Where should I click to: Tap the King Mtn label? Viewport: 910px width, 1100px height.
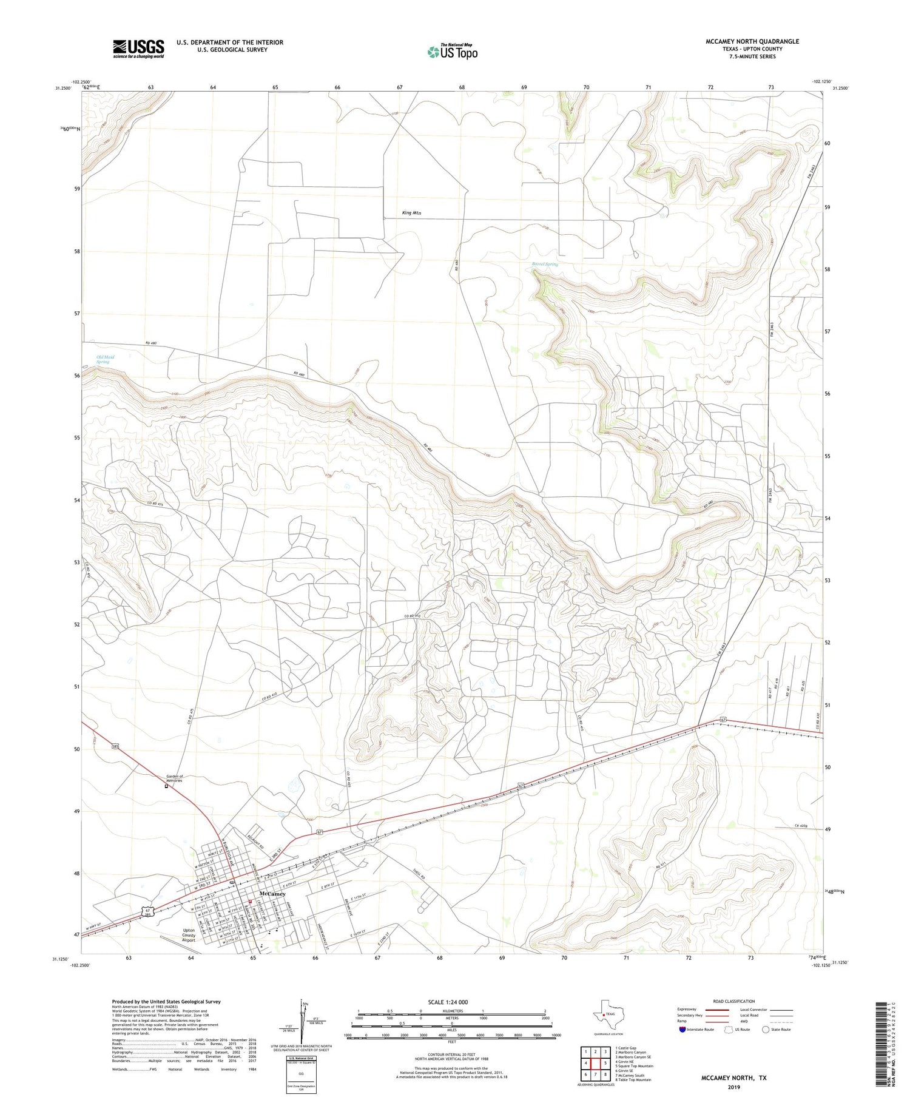(x=411, y=213)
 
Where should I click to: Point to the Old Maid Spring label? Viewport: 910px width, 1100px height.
(x=105, y=359)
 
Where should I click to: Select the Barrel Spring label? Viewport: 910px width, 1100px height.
(x=544, y=264)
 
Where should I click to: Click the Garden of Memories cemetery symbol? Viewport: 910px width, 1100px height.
(x=166, y=786)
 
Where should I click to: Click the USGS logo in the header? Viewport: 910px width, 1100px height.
(x=138, y=49)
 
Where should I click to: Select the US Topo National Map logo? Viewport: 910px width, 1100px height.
(x=453, y=52)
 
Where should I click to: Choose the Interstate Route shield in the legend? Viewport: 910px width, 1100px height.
(x=682, y=1030)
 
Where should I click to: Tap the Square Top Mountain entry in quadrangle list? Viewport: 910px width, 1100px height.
(x=634, y=1066)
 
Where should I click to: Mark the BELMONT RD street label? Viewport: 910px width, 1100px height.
(x=257, y=840)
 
